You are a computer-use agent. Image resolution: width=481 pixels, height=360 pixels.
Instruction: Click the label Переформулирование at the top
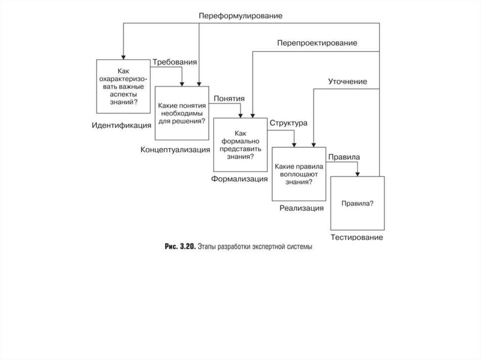coord(240,15)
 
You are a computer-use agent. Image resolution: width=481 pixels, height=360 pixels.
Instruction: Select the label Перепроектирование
coord(317,43)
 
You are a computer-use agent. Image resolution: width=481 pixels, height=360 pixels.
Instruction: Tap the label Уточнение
coord(347,82)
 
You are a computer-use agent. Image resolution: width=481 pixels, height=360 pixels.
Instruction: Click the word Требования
coord(174,61)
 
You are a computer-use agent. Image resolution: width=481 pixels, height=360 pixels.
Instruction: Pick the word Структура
coord(288,123)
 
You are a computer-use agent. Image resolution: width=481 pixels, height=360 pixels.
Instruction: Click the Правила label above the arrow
coord(344,157)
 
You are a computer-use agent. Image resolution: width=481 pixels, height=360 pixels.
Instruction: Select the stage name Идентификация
coord(122,125)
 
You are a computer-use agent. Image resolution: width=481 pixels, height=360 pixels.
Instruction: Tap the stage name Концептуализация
coord(175,150)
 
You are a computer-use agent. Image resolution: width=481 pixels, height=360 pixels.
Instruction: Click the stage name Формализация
coord(240,179)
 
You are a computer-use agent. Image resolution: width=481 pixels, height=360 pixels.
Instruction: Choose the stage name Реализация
coord(302,208)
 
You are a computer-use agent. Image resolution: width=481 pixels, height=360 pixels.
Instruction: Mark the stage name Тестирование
coord(357,237)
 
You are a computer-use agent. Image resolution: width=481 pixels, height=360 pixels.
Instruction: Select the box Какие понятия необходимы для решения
coord(182,113)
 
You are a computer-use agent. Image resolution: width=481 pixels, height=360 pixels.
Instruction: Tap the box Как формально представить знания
coord(240,145)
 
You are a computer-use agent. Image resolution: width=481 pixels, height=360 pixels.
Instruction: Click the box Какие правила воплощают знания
coord(299,174)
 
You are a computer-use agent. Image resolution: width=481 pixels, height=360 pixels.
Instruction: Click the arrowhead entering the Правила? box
coord(358,174)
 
